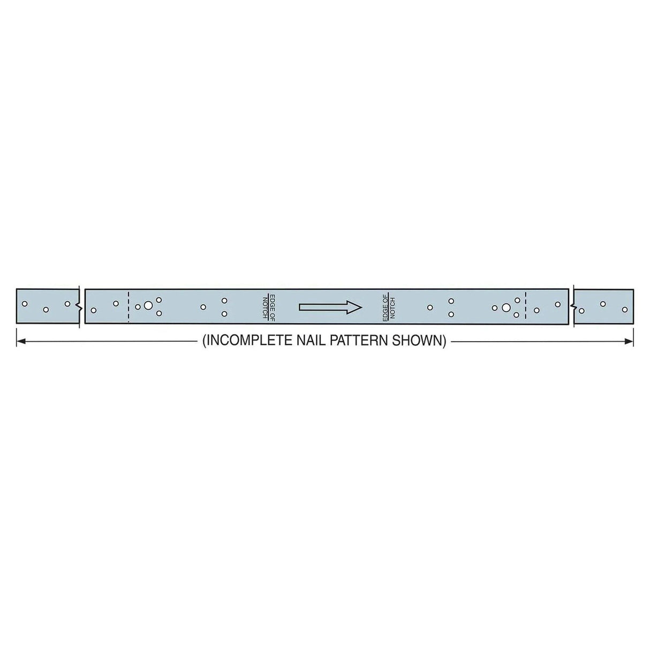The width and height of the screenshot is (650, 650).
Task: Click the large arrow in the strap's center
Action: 330,307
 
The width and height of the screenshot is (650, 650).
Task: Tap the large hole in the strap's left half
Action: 148,306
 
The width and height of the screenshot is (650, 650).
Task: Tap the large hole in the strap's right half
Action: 505,307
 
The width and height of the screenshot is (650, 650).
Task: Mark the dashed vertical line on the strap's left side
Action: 129,307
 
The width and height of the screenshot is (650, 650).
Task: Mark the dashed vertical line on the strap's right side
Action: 526,307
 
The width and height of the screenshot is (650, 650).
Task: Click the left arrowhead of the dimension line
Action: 20,341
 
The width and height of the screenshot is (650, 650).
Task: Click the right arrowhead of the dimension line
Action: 630,341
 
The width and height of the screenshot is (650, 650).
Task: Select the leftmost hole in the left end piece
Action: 24,304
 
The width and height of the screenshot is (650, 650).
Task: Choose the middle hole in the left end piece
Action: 46,310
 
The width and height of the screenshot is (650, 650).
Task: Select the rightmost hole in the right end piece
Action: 624,310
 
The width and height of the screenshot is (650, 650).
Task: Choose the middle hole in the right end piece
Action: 603,304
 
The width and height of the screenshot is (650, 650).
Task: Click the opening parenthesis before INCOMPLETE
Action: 204,341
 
